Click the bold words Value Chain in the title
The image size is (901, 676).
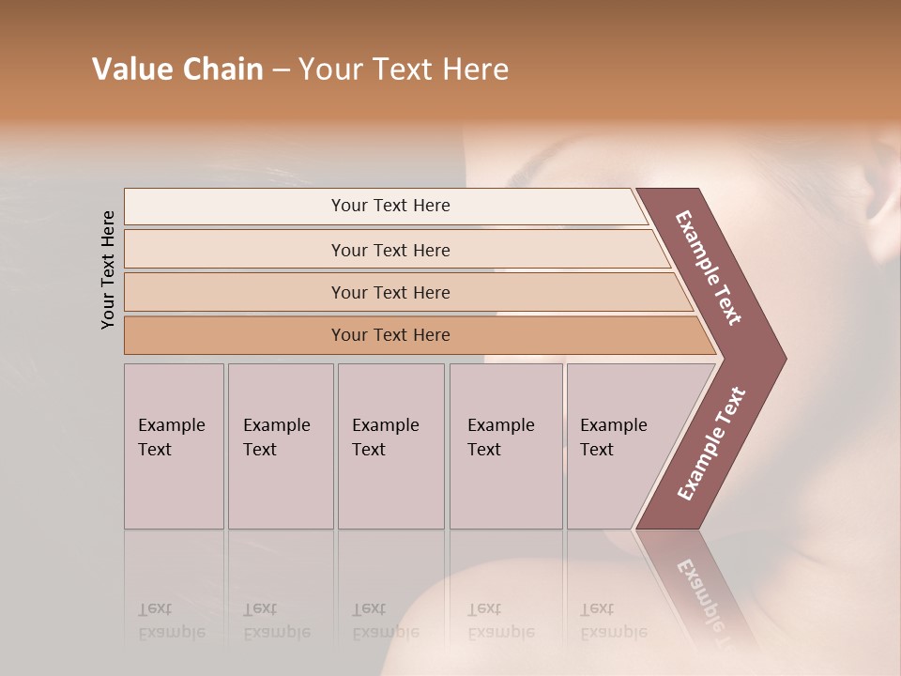(177, 69)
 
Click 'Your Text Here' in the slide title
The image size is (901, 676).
(404, 69)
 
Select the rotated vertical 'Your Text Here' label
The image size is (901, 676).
(108, 269)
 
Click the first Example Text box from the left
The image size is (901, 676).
(174, 446)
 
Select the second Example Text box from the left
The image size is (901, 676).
(280, 446)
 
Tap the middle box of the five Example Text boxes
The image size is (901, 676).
(390, 446)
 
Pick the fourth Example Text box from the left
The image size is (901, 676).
(505, 446)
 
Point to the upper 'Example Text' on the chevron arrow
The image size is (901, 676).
(709, 268)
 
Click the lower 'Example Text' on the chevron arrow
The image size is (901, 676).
(710, 444)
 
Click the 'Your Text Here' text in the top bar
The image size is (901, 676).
(390, 206)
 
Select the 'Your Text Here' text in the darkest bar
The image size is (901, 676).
(390, 335)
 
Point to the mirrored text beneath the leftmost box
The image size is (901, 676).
(171, 621)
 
